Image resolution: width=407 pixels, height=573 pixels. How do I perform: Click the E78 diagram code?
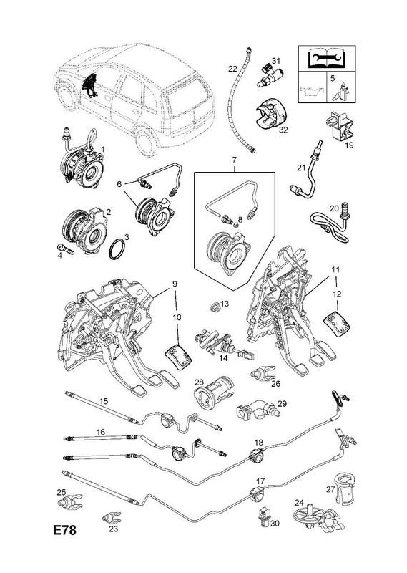pyautogui.click(x=65, y=530)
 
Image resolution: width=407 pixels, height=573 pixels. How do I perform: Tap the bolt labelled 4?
pyautogui.click(x=66, y=250)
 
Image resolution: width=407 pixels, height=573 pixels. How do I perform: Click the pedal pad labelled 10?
pyautogui.click(x=179, y=355)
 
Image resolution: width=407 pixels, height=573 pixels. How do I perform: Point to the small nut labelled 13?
pyautogui.click(x=215, y=307)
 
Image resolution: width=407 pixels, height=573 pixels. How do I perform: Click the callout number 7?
pyautogui.click(x=234, y=159)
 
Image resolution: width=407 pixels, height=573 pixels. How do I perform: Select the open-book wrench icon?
pyautogui.click(x=327, y=59)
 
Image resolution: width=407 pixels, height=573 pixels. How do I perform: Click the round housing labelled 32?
pyautogui.click(x=271, y=115)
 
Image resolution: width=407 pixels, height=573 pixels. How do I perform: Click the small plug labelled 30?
pyautogui.click(x=264, y=514)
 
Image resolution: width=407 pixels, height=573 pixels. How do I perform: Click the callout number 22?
pyautogui.click(x=233, y=68)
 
